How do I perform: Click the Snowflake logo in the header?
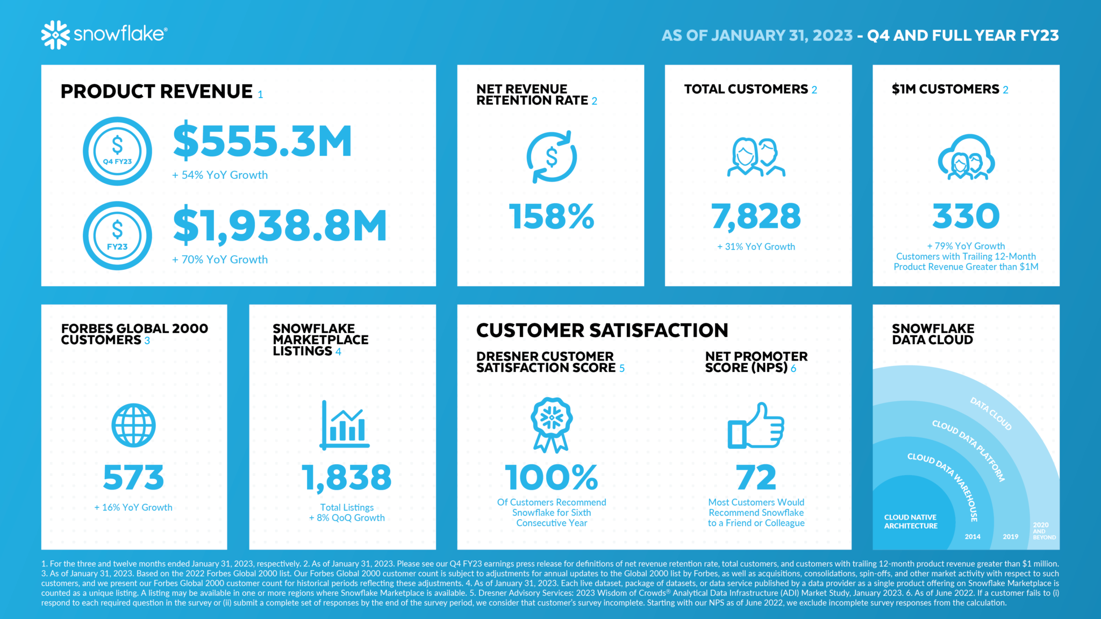point(104,35)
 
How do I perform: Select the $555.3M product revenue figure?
point(262,141)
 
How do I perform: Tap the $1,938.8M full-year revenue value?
point(280,226)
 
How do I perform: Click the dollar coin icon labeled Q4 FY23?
point(117,151)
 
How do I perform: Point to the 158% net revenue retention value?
point(552,217)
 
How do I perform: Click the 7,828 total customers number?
point(756,217)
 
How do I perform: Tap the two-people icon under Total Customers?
point(756,157)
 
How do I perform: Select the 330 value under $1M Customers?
point(966,216)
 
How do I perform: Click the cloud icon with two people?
point(966,157)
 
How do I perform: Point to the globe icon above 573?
point(133,425)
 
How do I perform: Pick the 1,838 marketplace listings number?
point(347,478)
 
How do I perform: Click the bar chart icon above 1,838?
point(345,425)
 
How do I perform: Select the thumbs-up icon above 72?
point(756,426)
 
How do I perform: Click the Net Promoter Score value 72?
point(756,478)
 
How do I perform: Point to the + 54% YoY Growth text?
point(220,175)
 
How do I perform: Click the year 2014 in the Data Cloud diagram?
point(973,537)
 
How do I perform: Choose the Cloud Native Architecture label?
point(911,522)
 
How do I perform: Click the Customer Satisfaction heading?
point(602,330)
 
